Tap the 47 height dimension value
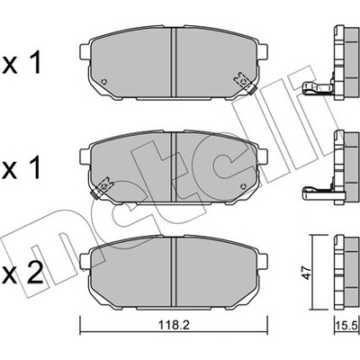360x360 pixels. click(308, 272)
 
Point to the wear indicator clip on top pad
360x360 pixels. click(245, 83)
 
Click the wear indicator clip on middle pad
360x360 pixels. click(102, 188)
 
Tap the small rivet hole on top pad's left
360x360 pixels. click(104, 81)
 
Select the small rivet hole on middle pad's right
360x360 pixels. click(244, 186)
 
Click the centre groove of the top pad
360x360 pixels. click(174, 62)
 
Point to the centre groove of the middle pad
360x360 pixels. click(174, 167)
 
